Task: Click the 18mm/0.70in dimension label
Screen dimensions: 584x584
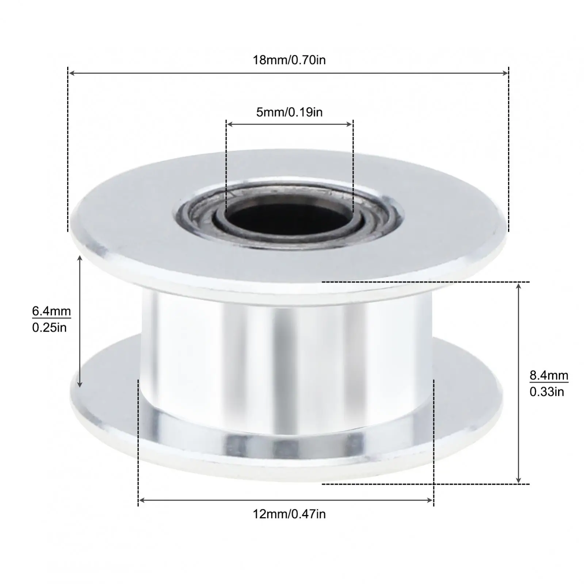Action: (289, 60)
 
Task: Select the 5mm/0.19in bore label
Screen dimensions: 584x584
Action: (289, 112)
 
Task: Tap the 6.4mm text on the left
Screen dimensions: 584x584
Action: (51, 311)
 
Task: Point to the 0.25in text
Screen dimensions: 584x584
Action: (49, 328)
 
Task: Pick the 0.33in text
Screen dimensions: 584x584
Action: (547, 392)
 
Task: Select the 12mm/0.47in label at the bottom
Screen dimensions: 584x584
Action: (289, 514)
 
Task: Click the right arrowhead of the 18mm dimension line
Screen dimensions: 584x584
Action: (505, 73)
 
